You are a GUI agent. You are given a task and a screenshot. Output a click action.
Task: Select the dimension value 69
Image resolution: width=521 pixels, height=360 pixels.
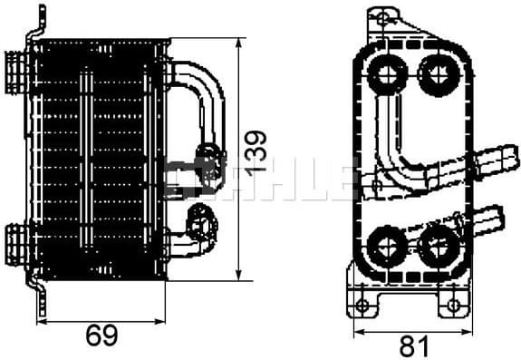click(101, 336)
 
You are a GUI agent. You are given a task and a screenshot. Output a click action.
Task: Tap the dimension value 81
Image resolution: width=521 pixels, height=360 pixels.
click(412, 345)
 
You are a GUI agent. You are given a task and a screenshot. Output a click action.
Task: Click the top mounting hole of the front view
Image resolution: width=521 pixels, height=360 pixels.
click(382, 16)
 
